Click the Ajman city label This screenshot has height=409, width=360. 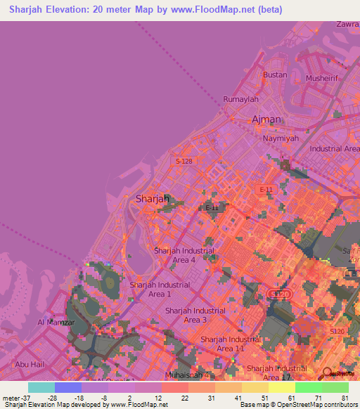[x=266, y=119]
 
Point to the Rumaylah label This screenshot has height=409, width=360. [x=240, y=100]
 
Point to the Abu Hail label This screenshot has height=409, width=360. [x=30, y=364]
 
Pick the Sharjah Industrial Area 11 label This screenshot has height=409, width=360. [x=230, y=344]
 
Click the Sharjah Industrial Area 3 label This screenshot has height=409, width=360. [x=195, y=315]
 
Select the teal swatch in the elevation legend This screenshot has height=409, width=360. [x=41, y=387]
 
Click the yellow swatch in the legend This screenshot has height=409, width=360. [x=281, y=387]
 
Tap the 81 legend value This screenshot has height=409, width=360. [x=344, y=398]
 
